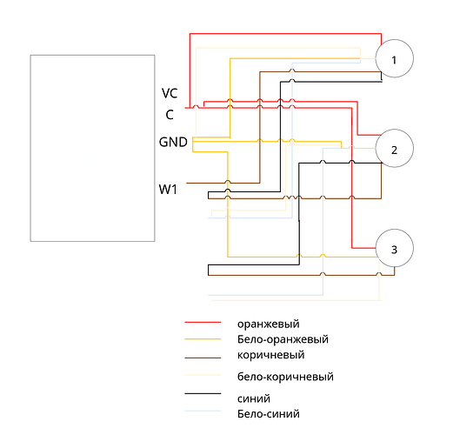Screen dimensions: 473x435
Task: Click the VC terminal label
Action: pos(170,93)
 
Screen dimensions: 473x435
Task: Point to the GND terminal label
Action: pos(173,142)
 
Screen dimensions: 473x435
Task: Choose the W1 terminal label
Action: pos(168,190)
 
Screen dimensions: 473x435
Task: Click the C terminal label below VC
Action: pos(170,115)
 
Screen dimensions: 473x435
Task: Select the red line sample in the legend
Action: pos(203,323)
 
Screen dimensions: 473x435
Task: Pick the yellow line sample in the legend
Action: pos(203,339)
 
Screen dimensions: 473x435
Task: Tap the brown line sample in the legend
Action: pos(203,358)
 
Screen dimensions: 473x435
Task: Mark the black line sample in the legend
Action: pos(203,393)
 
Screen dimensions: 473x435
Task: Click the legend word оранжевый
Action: pos(269,325)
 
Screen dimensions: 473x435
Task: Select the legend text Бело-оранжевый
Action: pos(283,339)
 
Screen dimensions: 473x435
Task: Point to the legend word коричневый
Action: pos(271,355)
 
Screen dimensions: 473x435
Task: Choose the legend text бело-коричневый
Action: pos(285,377)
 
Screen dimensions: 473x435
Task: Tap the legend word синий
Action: pos(254,398)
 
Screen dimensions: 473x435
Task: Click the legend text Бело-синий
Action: pos(269,413)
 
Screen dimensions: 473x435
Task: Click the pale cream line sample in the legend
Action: pos(203,375)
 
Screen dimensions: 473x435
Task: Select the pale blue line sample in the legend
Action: pos(203,411)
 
